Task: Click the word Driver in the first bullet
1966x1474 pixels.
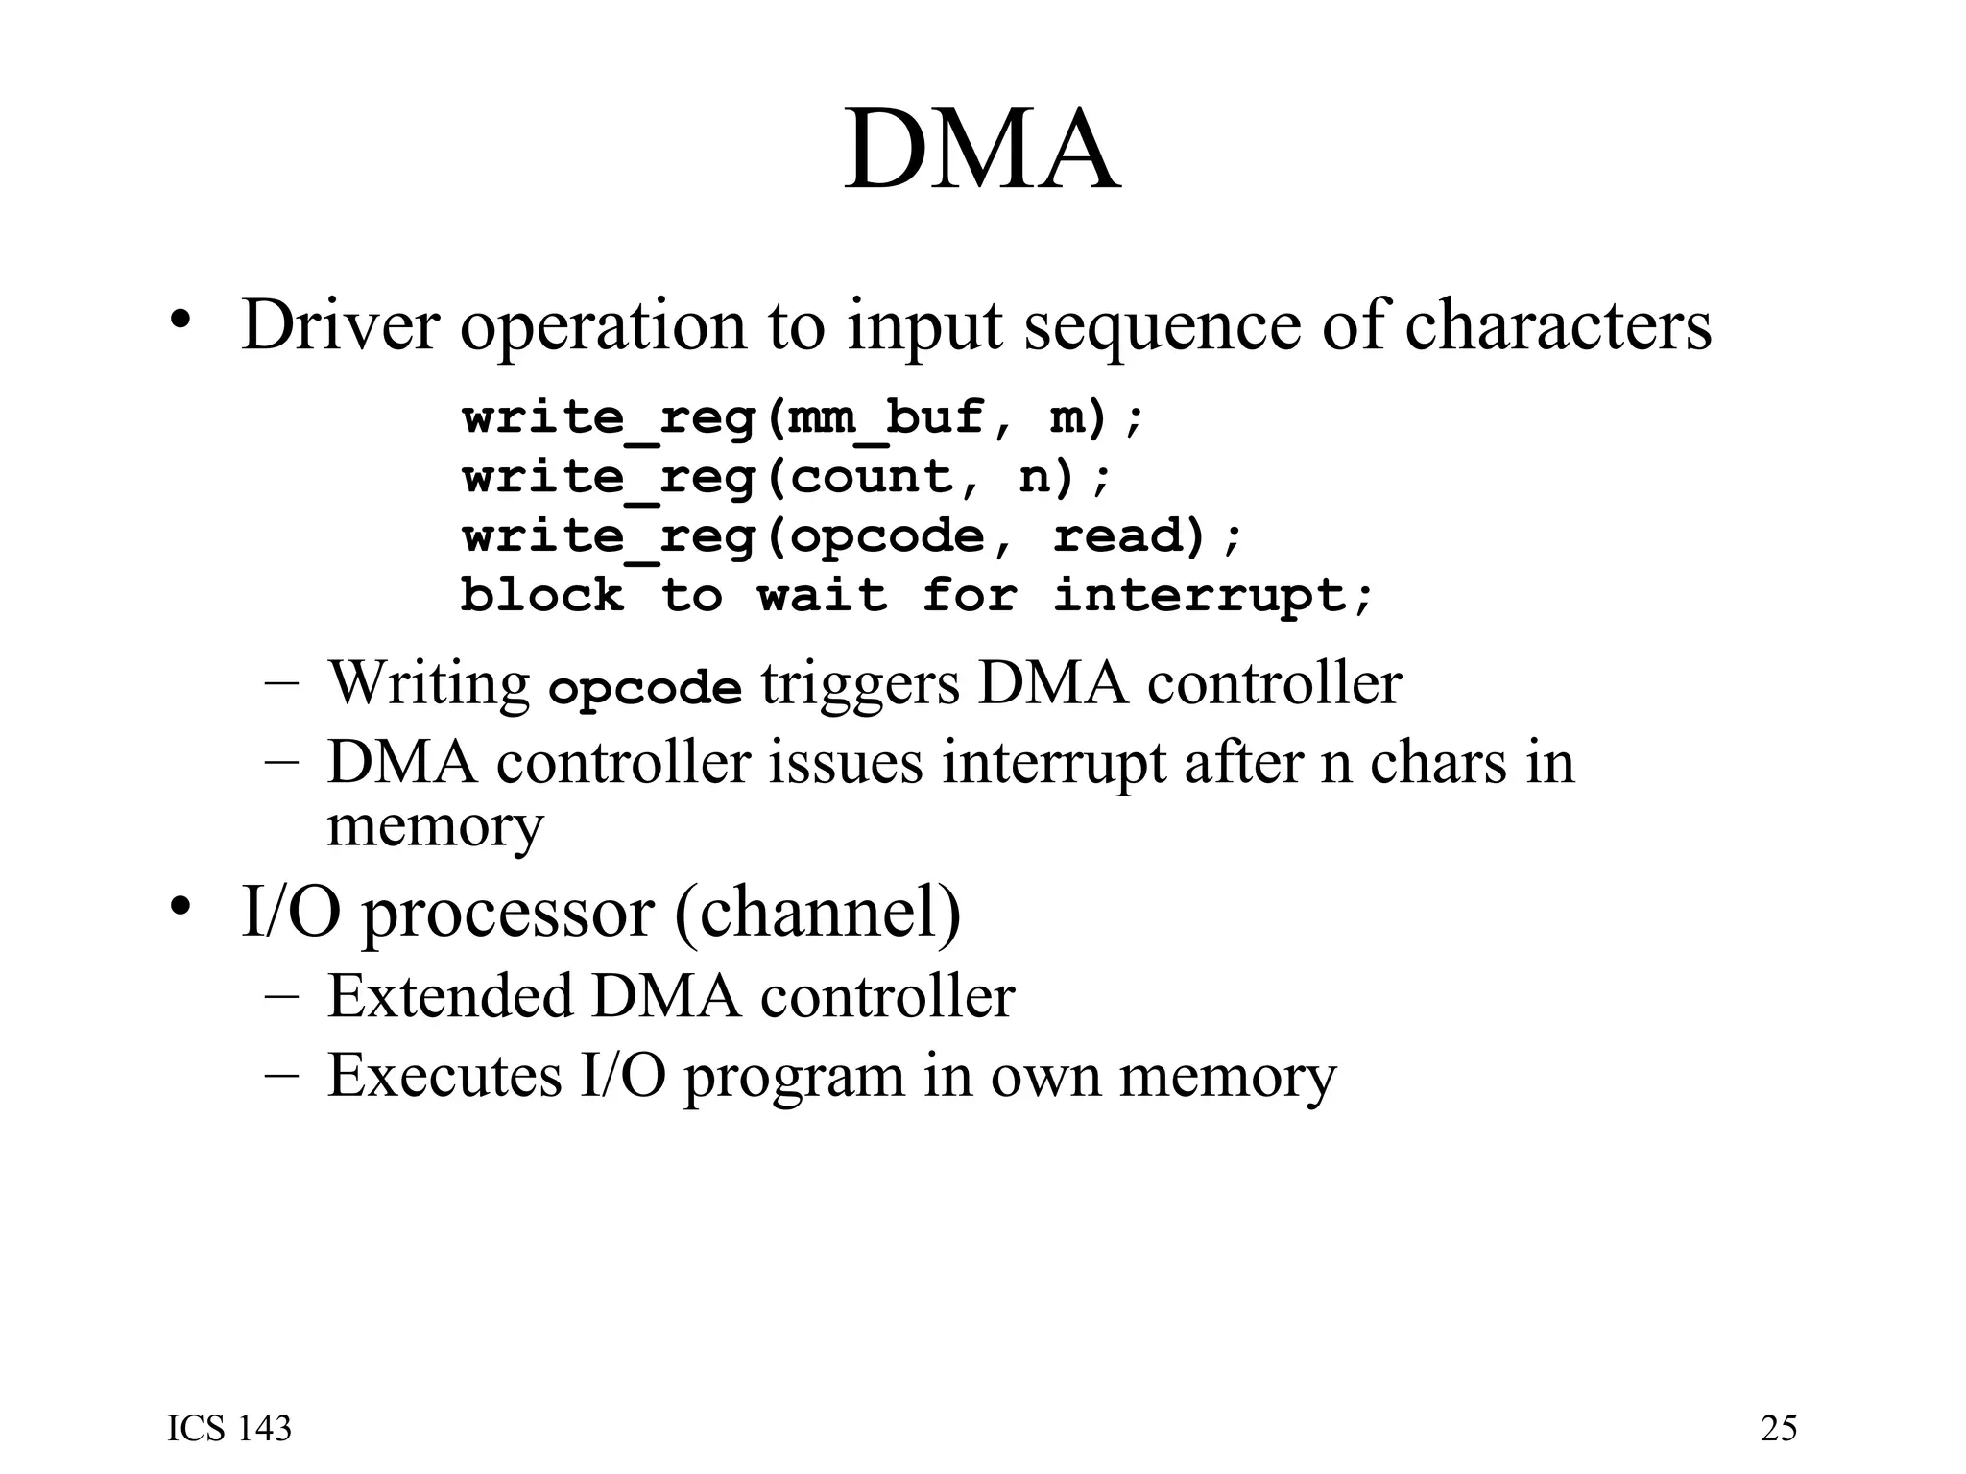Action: coord(340,326)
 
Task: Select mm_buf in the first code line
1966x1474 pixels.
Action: coord(885,418)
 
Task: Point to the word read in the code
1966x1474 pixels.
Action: coord(1129,535)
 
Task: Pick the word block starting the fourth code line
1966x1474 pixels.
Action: coord(541,595)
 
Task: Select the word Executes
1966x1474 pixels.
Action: coord(444,1075)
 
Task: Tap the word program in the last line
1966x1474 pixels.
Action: coord(795,1077)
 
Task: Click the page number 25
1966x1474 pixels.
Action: coord(1778,1429)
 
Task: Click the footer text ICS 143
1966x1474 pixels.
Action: coord(229,1429)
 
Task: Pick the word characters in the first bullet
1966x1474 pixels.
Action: coord(1558,326)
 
